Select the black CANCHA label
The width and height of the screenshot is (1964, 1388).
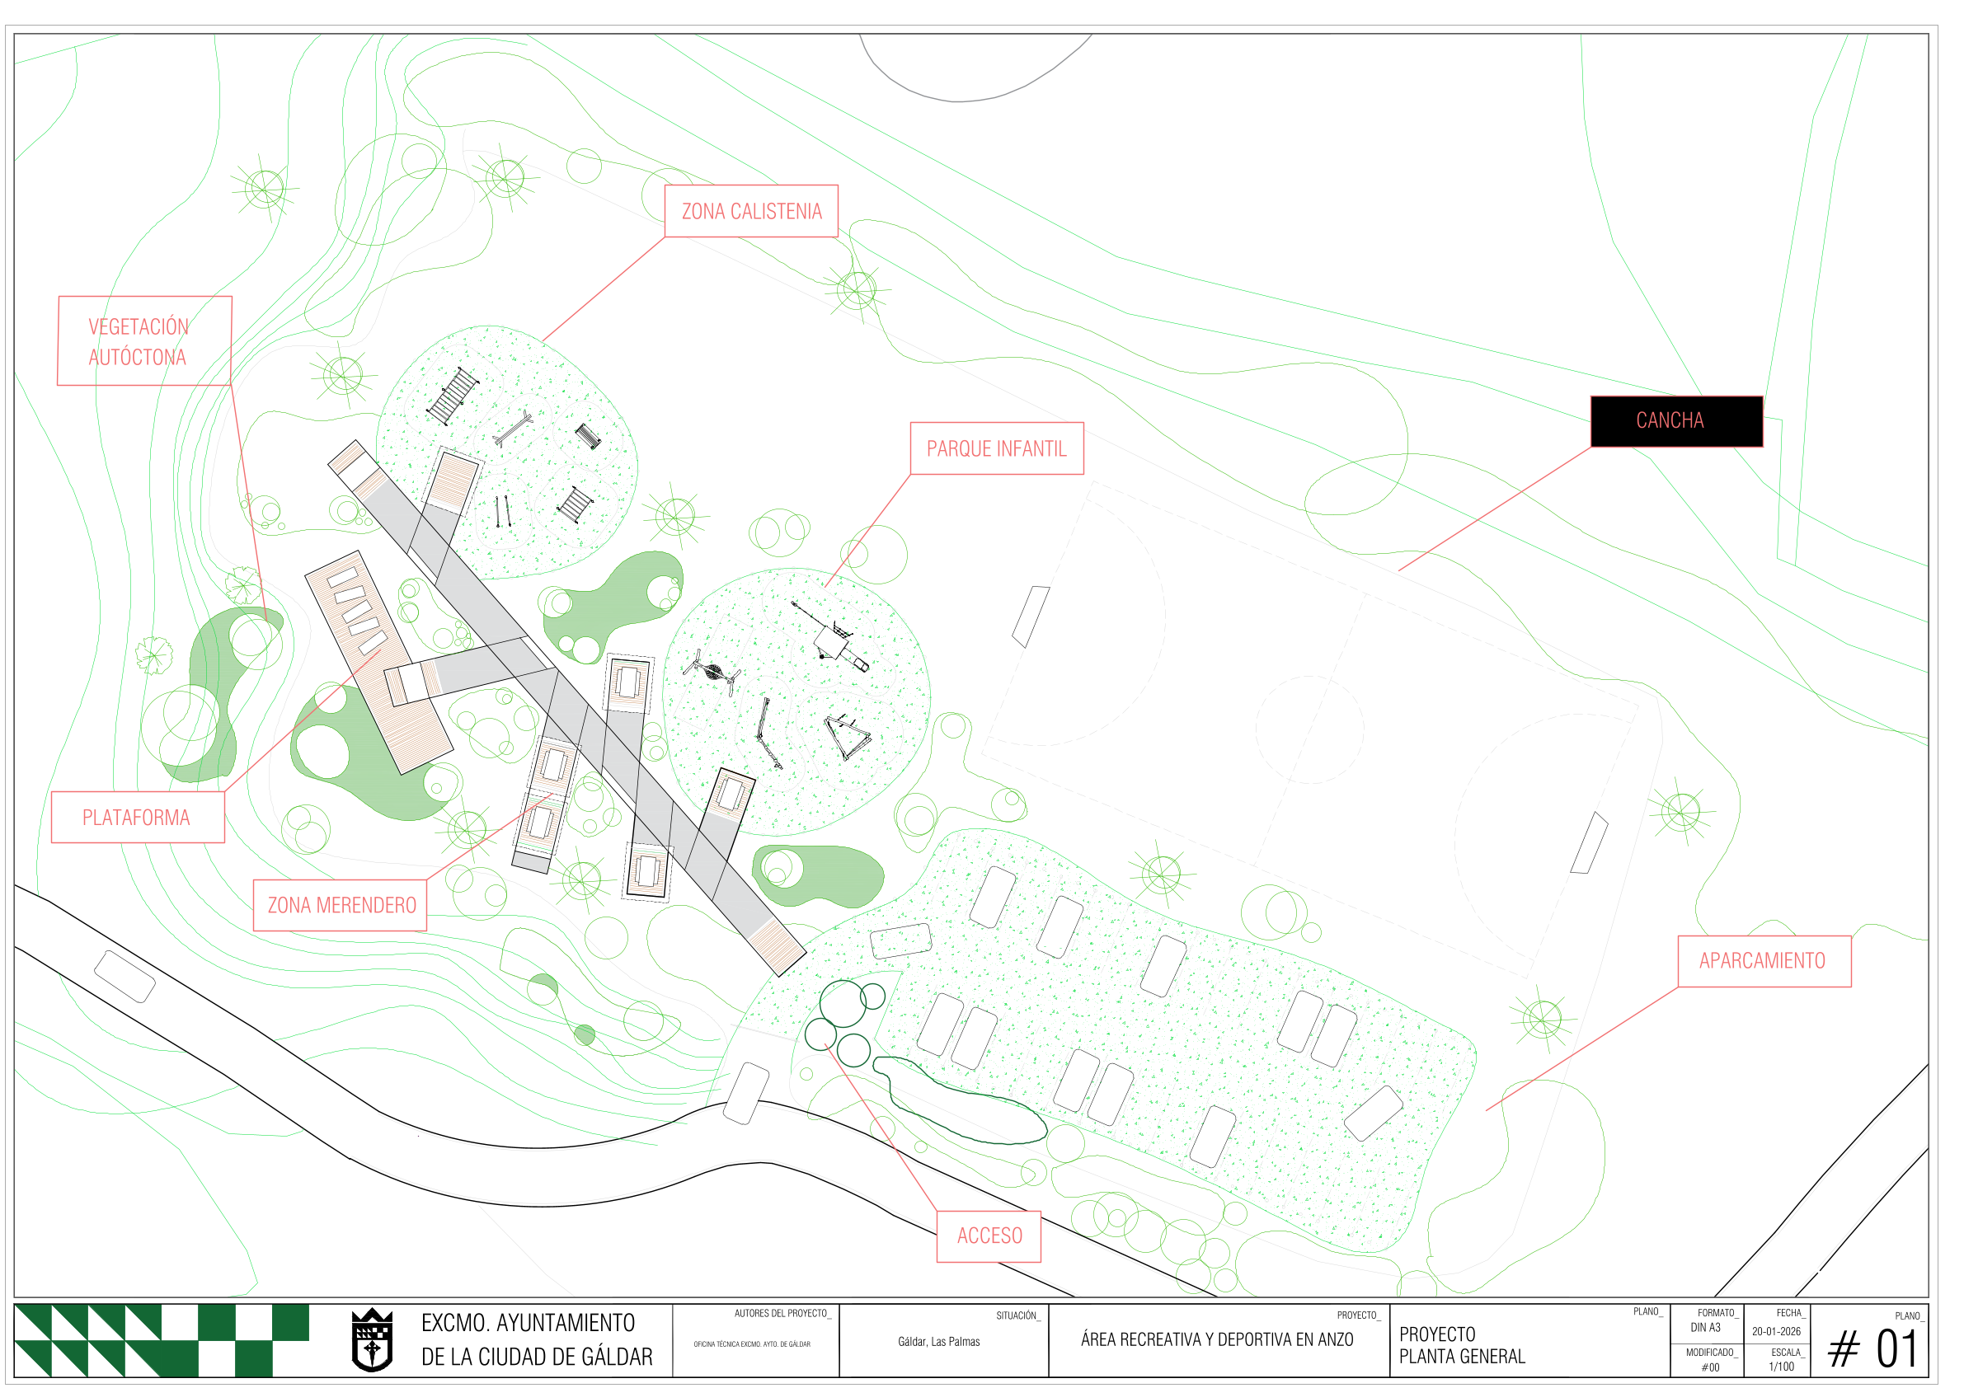[x=1675, y=420]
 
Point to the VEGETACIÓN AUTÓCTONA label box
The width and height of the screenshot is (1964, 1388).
[x=144, y=341]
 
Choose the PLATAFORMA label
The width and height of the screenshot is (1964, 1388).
[x=138, y=818]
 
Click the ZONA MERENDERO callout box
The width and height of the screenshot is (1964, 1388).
[x=340, y=905]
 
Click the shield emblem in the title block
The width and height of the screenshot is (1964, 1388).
[x=372, y=1340]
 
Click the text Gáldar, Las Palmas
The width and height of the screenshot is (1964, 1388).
[x=938, y=1342]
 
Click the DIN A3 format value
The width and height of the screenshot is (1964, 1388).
[x=1705, y=1328]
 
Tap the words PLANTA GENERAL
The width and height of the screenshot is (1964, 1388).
[x=1462, y=1357]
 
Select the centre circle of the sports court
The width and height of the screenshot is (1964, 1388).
[x=1309, y=729]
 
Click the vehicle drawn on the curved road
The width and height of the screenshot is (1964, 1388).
[x=125, y=976]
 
